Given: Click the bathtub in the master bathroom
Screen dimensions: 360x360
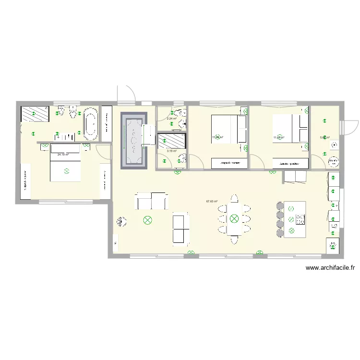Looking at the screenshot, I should [x=90, y=124].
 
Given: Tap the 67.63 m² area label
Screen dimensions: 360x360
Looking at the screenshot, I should [x=212, y=202].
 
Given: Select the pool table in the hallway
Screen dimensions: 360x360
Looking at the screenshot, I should [x=134, y=140].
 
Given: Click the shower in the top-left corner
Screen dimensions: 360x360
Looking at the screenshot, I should [x=35, y=114].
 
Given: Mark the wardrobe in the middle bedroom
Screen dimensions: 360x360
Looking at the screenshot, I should [x=229, y=164].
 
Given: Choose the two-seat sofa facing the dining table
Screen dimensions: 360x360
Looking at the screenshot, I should [x=180, y=228].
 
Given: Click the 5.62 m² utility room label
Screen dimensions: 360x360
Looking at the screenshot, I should [x=324, y=137].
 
